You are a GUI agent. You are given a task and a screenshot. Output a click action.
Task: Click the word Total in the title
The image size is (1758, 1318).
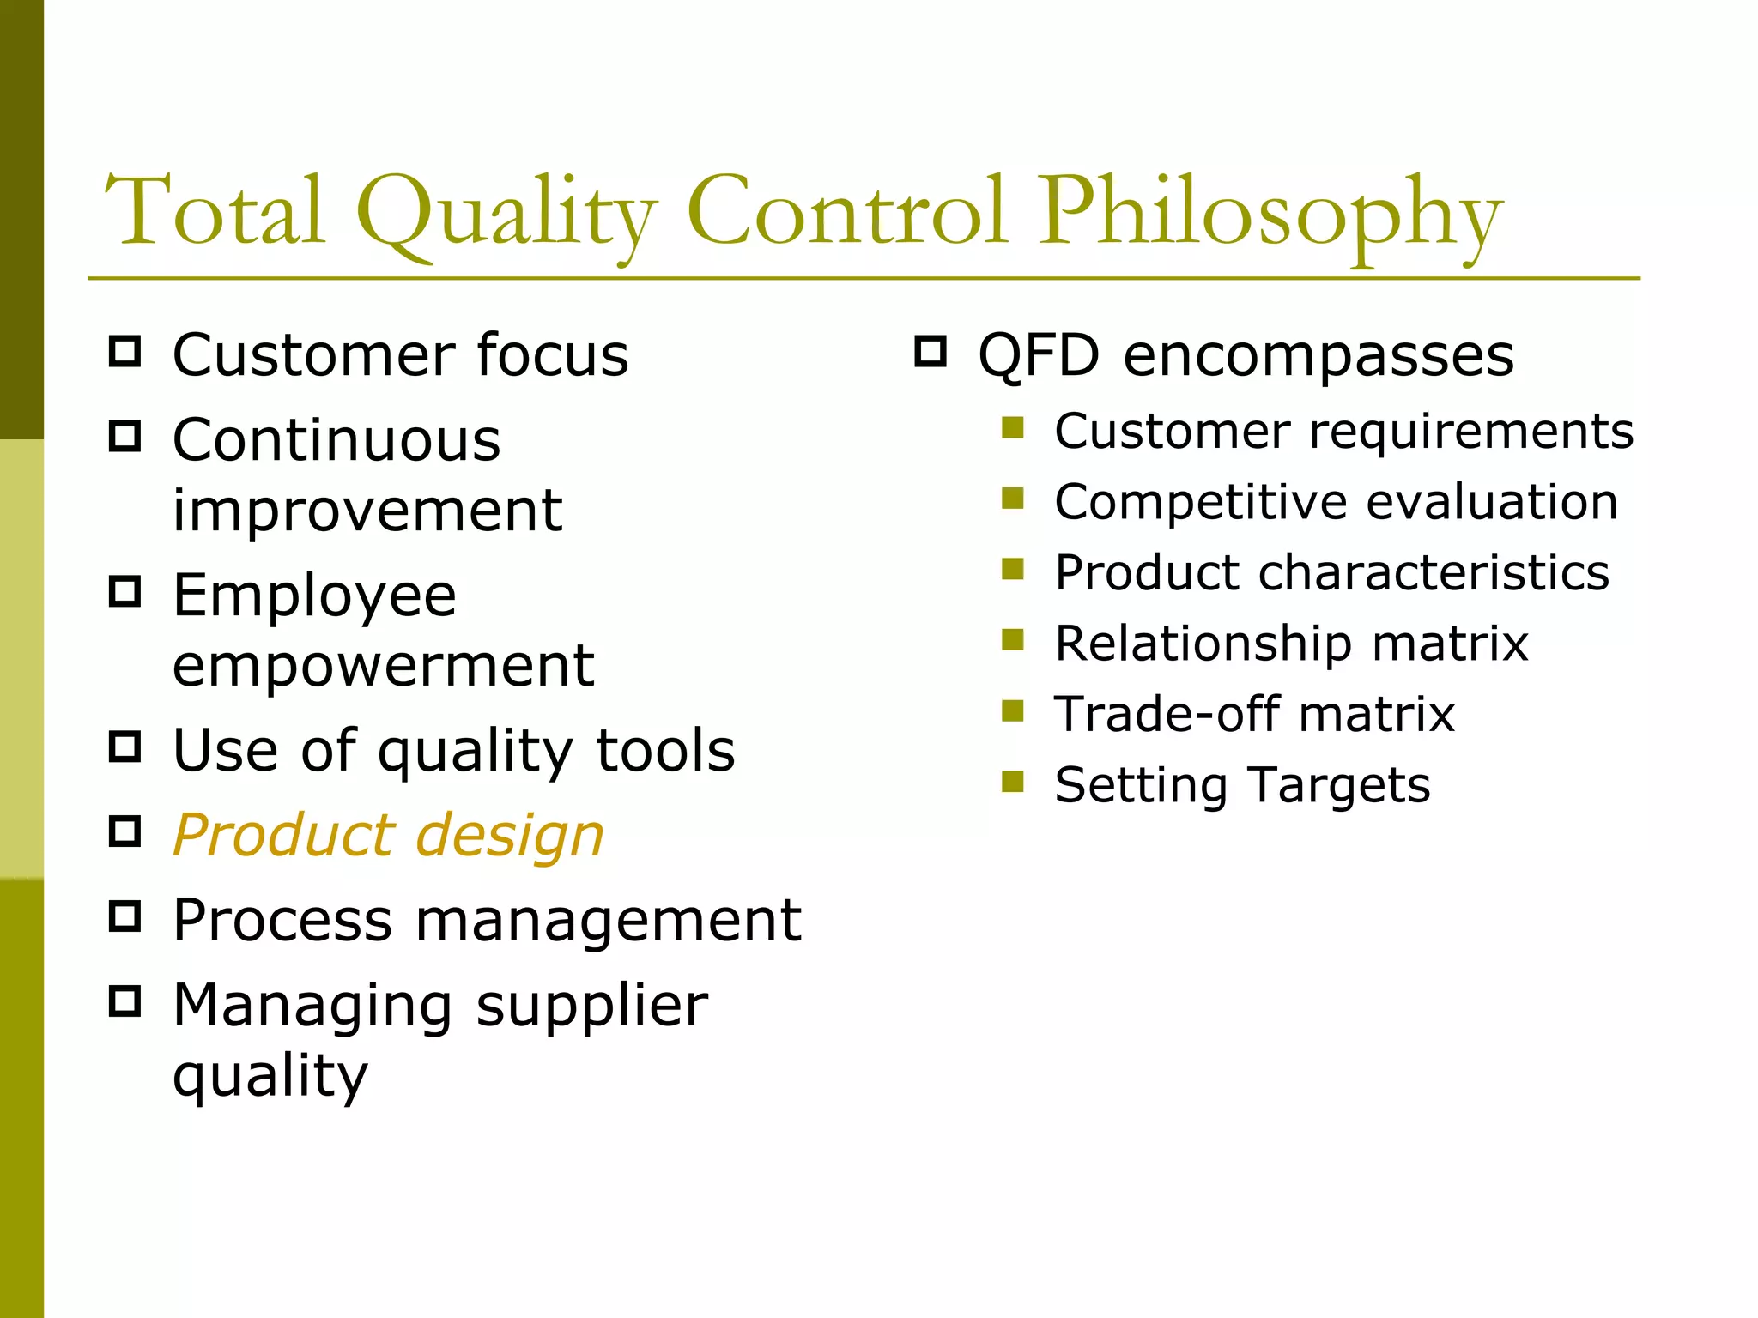point(215,211)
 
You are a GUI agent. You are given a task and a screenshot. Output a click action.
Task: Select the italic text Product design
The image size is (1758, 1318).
point(388,835)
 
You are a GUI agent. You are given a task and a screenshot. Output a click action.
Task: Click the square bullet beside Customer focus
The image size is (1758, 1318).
point(125,352)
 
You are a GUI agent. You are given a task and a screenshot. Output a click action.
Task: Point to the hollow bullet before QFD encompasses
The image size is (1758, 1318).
point(931,352)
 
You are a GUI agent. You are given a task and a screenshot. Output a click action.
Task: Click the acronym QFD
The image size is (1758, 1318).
point(1039,355)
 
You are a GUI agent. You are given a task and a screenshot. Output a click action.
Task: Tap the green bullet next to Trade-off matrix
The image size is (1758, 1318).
point(1013,710)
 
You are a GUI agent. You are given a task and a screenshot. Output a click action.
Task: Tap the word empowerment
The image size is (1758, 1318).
point(383,666)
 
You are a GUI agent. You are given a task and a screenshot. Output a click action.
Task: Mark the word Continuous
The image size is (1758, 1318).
point(336,441)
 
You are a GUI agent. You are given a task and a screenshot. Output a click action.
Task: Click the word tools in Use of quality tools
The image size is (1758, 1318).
point(666,750)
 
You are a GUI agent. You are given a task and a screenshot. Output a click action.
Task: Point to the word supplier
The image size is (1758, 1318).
point(592,1007)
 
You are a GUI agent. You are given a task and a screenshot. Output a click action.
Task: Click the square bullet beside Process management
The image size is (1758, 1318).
point(125,916)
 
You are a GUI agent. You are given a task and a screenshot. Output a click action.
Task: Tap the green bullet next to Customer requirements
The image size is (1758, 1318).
point(1013,427)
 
